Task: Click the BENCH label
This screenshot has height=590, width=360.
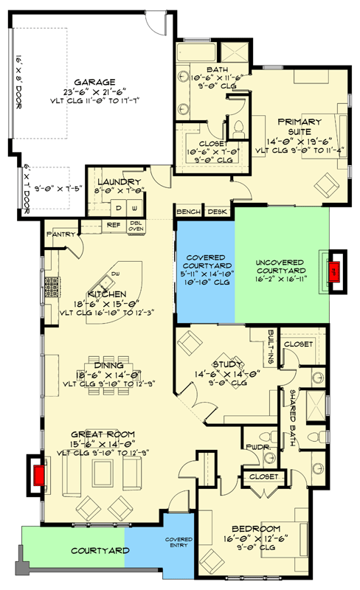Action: point(187,212)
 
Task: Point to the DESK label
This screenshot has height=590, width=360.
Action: point(217,212)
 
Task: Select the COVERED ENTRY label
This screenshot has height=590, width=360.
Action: point(179,544)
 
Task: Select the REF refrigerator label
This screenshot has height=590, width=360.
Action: point(113,226)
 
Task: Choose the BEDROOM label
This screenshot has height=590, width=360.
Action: point(255,529)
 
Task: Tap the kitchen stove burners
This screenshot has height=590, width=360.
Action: point(53,286)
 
